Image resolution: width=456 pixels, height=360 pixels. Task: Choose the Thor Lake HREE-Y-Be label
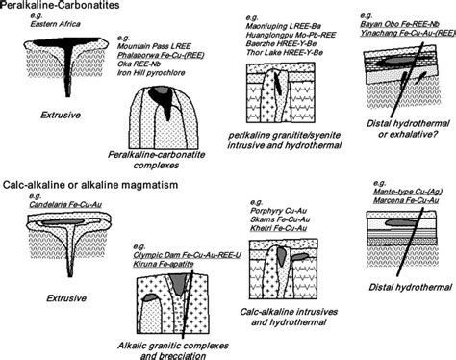tap(290, 51)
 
